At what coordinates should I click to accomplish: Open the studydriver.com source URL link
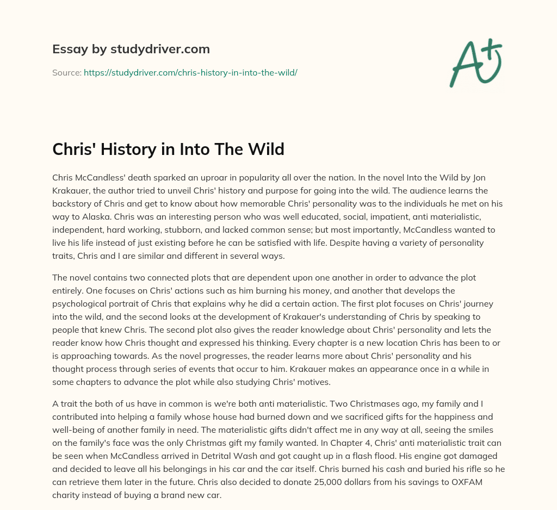190,72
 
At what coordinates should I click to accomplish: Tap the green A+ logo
475,63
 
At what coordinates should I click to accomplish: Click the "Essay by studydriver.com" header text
131,49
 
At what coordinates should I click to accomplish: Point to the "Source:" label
67,72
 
